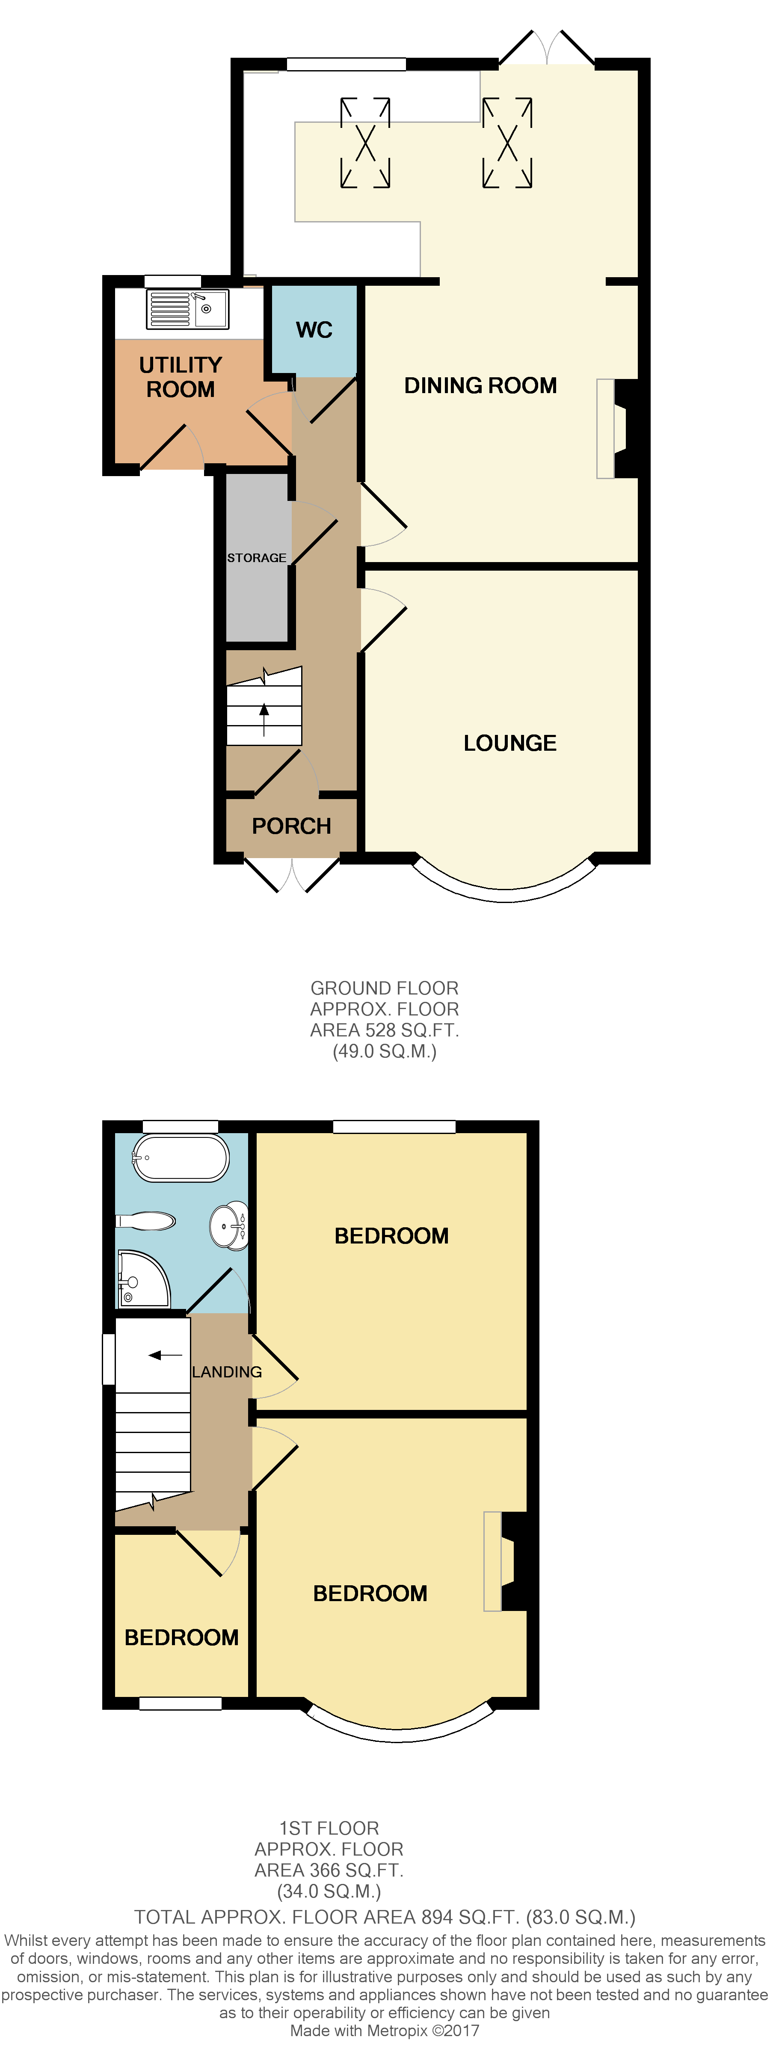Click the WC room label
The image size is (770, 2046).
pyautogui.click(x=314, y=330)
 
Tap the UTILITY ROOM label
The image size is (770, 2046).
pyautogui.click(x=181, y=377)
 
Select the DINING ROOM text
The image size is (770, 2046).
pyautogui.click(x=480, y=386)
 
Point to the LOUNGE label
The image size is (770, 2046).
pyautogui.click(x=509, y=743)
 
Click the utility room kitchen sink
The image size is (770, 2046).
pyautogui.click(x=189, y=309)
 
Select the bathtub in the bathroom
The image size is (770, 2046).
pyautogui.click(x=181, y=1158)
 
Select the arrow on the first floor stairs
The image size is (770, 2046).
pyautogui.click(x=165, y=1355)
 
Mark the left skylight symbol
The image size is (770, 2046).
pyautogui.click(x=365, y=143)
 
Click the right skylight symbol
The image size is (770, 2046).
pyautogui.click(x=507, y=143)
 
